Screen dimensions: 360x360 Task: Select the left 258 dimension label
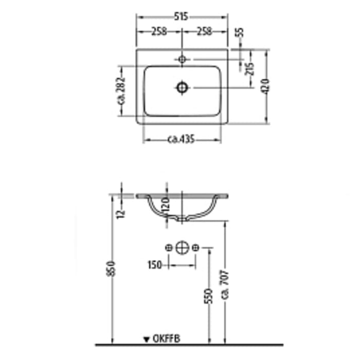point(159,31)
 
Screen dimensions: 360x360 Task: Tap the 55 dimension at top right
point(240,32)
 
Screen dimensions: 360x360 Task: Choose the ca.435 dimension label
point(181,139)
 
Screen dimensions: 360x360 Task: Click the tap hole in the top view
point(181,60)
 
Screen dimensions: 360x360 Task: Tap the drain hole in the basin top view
point(182,87)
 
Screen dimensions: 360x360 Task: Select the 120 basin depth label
point(165,207)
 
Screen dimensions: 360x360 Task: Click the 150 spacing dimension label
point(155,265)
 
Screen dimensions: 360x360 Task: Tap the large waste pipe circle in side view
point(182,248)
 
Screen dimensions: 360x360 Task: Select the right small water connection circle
point(195,248)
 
